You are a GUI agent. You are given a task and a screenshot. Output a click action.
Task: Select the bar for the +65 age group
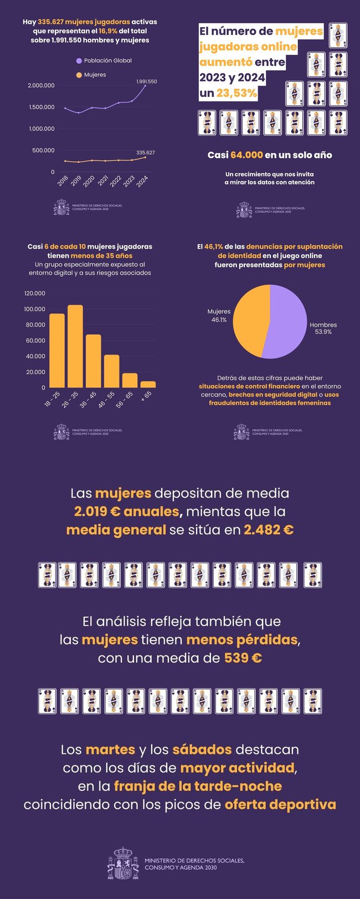click(148, 384)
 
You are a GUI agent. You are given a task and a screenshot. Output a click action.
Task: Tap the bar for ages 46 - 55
click(111, 371)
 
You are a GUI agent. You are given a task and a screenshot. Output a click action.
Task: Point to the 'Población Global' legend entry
click(107, 60)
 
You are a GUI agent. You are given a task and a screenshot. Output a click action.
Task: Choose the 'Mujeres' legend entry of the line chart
click(95, 75)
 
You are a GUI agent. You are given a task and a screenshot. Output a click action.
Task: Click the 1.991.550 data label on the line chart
click(146, 81)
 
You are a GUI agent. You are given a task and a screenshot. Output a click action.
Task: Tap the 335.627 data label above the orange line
click(145, 152)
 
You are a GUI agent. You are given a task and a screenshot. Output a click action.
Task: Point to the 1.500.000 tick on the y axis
click(42, 107)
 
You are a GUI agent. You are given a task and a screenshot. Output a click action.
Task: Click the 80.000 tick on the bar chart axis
click(34, 324)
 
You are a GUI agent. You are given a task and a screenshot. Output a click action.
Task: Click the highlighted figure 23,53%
click(236, 93)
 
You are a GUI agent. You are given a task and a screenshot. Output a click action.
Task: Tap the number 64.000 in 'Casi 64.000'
click(246, 155)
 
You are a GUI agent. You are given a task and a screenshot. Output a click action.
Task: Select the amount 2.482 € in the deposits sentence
click(269, 530)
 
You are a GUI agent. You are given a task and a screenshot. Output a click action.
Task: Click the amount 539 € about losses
click(243, 658)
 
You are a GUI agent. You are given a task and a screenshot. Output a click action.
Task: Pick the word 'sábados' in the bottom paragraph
click(202, 750)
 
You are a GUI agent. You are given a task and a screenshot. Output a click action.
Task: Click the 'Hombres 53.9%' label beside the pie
click(323, 328)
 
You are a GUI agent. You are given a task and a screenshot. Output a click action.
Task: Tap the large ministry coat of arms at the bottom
click(123, 864)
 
